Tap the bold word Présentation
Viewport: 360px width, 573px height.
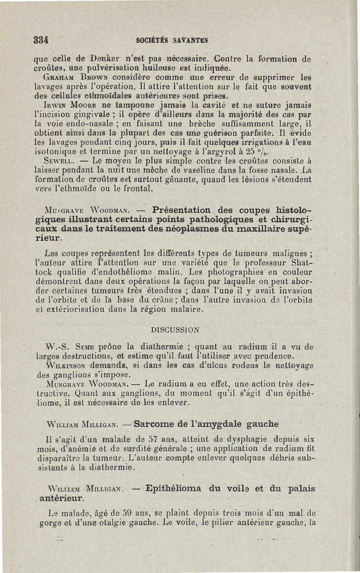181,210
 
